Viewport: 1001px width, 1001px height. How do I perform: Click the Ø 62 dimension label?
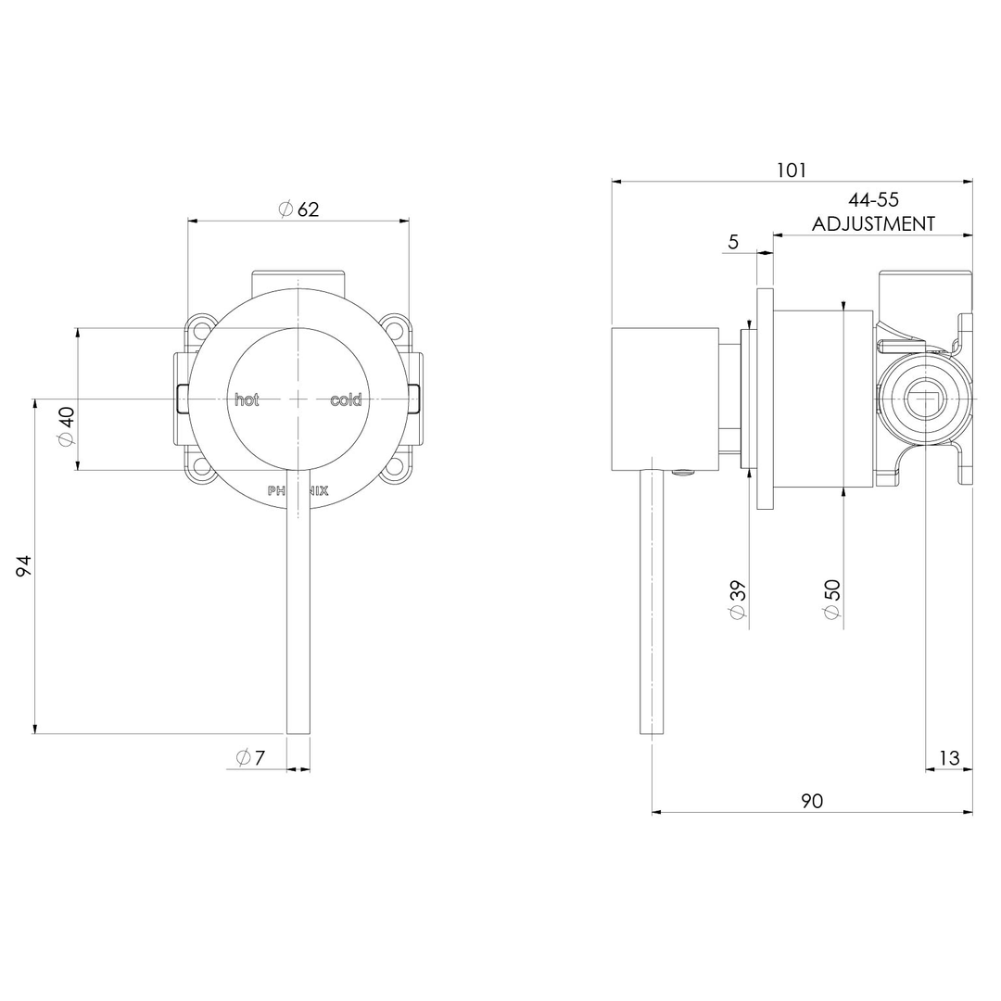(298, 209)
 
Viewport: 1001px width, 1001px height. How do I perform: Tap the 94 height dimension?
(24, 565)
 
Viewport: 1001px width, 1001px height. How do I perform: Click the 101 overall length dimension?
(792, 170)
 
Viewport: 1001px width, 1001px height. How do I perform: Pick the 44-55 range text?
(873, 199)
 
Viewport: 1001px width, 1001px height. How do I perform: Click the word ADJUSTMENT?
(873, 223)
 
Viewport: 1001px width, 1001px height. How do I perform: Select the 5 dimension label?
(733, 242)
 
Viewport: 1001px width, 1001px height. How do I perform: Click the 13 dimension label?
(949, 757)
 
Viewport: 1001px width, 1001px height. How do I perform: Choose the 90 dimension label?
(812, 801)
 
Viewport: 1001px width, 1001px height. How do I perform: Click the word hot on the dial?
(247, 400)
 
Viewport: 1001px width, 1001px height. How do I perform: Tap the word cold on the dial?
(346, 400)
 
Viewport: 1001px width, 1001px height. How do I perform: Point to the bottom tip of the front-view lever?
(298, 730)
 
